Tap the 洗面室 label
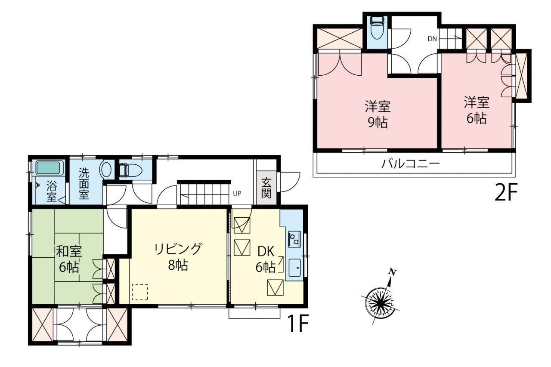[x=84, y=183]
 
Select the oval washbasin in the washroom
[x=105, y=169]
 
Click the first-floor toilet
[x=130, y=170]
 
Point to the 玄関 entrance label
[x=266, y=188]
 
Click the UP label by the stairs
[x=237, y=194]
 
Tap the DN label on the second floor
[x=432, y=39]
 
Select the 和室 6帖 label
[x=69, y=259]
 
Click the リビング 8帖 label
[x=178, y=256]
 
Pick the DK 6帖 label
[x=266, y=259]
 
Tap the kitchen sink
[x=294, y=268]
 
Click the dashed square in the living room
[x=140, y=292]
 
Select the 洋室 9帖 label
[x=378, y=114]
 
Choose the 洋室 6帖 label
[x=477, y=110]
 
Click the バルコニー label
[x=410, y=163]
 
